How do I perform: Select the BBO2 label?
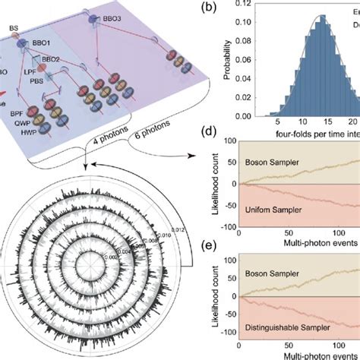pos(50,59)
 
